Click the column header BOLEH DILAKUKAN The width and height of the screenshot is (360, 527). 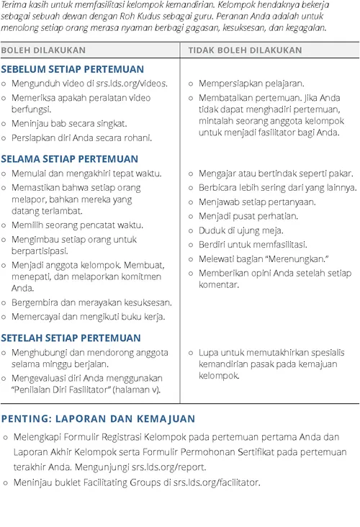tap(43, 50)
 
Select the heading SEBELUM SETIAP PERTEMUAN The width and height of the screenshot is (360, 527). tap(72, 69)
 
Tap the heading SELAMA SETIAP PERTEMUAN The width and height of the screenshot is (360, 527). tap(71, 158)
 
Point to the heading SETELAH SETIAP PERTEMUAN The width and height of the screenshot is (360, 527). tap(71, 338)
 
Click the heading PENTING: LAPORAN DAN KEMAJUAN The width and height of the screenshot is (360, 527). tap(98, 418)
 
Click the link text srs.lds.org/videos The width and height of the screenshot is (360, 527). tap(128, 83)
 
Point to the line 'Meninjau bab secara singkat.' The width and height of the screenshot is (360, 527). tap(69, 123)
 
